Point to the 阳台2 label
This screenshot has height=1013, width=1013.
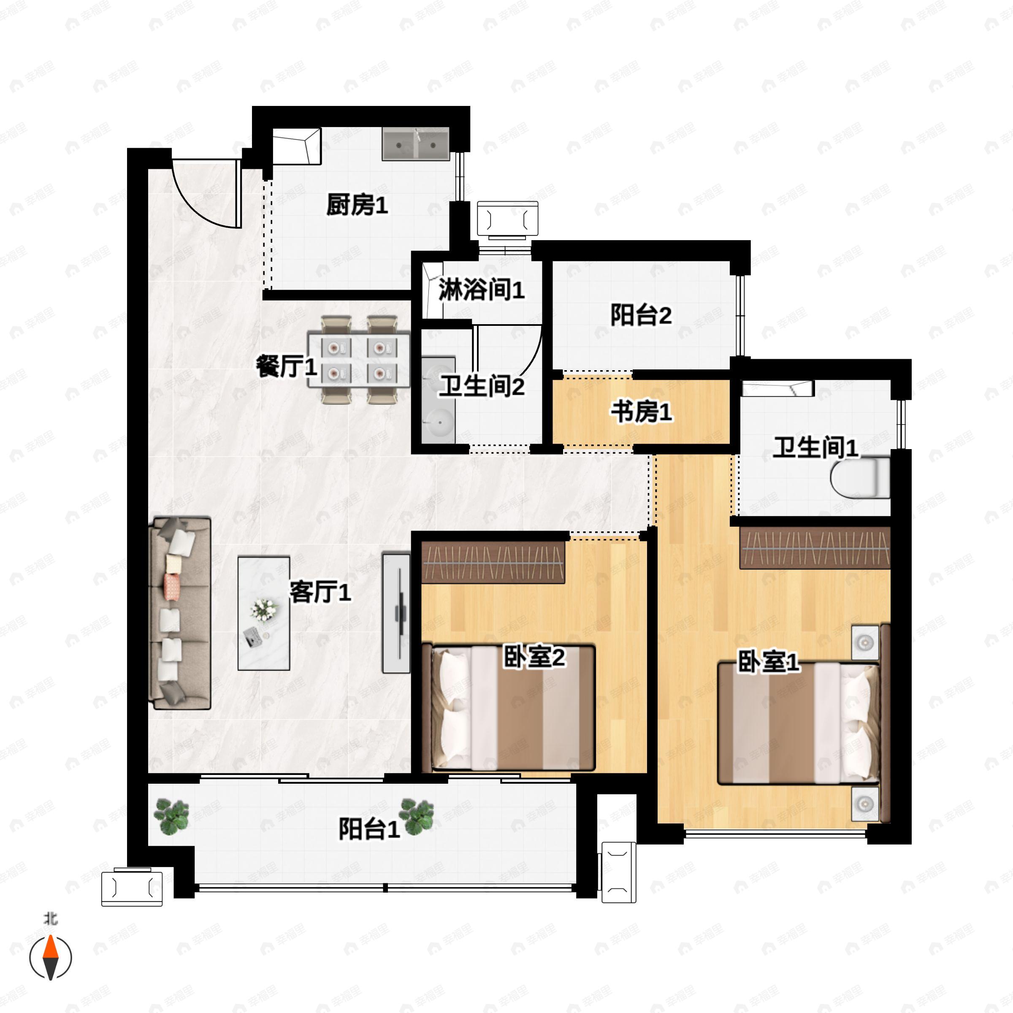641,316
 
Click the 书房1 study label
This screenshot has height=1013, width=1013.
641,412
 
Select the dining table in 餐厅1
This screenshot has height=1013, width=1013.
359,360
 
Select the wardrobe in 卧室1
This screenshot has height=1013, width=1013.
815,548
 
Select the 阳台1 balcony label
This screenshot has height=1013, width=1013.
369,829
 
